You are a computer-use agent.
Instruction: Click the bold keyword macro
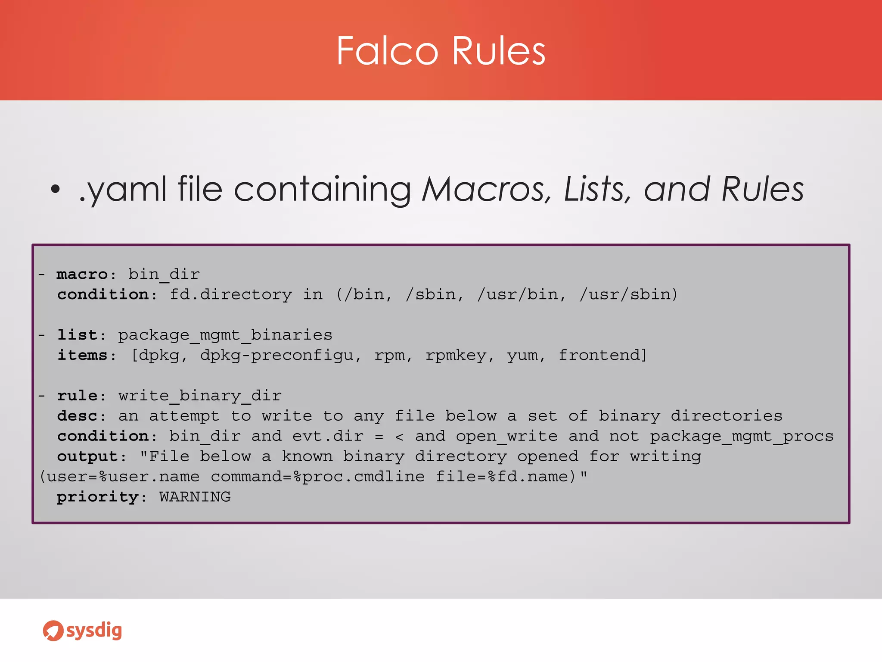82,274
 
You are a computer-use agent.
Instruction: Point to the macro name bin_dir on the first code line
164,274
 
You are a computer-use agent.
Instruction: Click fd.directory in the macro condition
230,294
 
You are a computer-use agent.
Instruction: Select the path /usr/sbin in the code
628,294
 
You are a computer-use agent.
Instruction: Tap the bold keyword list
78,335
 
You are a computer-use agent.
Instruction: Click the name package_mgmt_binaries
225,335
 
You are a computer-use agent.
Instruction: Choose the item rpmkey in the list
456,355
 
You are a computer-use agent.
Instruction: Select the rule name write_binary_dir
200,396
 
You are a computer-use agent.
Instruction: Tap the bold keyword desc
78,416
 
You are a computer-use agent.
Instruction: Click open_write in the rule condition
506,436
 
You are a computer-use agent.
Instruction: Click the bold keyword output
88,456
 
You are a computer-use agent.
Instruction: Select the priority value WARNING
195,497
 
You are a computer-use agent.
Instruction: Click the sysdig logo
82,631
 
